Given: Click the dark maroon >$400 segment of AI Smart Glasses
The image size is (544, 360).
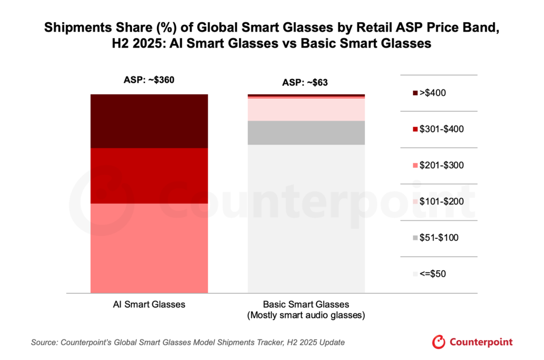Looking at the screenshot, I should tap(149, 121).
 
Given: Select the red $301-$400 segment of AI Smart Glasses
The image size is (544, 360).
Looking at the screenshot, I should tap(149, 175).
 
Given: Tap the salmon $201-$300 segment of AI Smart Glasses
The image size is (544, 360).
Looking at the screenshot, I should tap(149, 247).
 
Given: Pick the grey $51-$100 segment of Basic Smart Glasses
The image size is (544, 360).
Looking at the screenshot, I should tap(306, 133).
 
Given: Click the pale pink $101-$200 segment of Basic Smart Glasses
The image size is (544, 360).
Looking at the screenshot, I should tap(306, 109).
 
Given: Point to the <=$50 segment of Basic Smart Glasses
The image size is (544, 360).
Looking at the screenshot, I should tap(306, 218).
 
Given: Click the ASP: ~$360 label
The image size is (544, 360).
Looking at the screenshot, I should tap(149, 79).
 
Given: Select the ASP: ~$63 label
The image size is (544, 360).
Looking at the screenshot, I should tap(305, 83).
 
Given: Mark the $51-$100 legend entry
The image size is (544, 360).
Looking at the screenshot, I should tap(436, 238).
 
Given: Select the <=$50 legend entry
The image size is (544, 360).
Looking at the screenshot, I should tap(433, 274).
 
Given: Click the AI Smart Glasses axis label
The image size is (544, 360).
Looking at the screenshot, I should tap(149, 304).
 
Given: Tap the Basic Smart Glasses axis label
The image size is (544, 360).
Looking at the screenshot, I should tap(306, 304).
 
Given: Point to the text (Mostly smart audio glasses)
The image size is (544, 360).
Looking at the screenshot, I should tap(306, 315).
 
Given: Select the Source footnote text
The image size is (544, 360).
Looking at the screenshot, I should tap(188, 342).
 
